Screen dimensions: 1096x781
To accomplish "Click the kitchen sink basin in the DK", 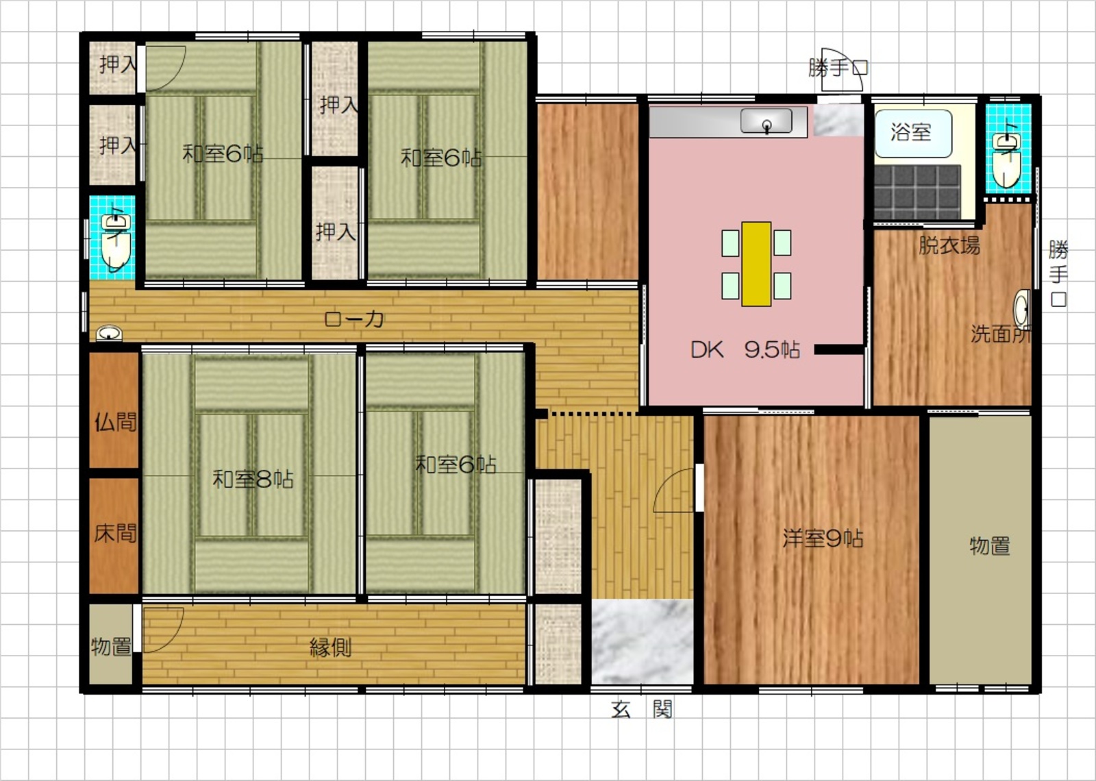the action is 767,121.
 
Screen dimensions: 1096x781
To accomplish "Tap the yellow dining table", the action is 756,264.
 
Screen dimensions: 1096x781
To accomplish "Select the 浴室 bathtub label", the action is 910,132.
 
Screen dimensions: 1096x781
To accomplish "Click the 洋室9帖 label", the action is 823,538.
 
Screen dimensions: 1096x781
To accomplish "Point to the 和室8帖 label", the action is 253,479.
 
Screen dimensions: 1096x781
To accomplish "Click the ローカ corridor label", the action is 353,319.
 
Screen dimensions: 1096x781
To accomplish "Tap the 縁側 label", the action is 331,647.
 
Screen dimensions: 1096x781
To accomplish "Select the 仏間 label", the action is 116,421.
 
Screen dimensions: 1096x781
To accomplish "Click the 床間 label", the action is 116,533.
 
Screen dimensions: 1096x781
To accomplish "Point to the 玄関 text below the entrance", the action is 642,709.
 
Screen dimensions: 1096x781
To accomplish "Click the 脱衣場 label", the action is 949,245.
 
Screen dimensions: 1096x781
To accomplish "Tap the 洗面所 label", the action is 1001,334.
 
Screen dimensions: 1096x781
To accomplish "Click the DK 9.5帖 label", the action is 745,350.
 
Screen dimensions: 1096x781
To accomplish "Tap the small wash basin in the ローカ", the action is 109,334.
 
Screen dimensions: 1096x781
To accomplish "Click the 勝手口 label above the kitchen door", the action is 838,68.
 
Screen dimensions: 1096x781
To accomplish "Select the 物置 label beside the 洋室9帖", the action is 990,545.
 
